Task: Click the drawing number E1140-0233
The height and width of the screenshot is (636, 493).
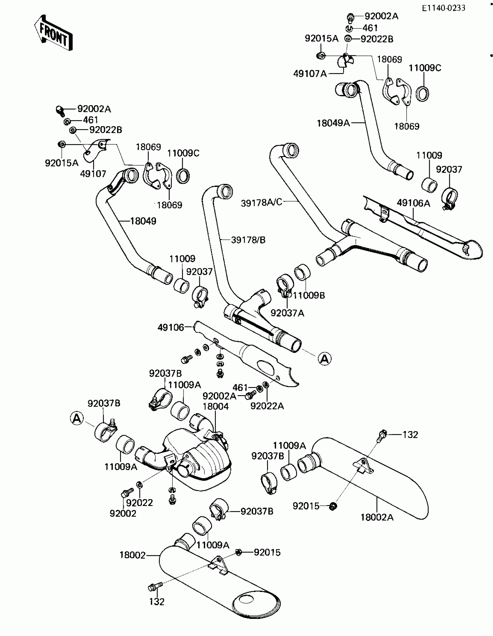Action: [443, 8]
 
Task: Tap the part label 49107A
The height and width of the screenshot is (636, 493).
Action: [310, 74]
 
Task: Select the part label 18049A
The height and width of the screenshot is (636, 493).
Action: [333, 123]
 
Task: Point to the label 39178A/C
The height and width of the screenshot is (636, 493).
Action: [262, 203]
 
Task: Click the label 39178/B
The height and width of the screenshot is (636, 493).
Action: [248, 240]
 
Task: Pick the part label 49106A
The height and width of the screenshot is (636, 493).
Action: [413, 203]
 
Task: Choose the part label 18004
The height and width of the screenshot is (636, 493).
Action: [216, 406]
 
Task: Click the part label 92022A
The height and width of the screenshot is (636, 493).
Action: [267, 406]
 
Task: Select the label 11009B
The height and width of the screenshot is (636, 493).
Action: [309, 295]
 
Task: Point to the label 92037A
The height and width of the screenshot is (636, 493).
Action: [287, 313]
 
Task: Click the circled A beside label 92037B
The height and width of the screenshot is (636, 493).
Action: [77, 419]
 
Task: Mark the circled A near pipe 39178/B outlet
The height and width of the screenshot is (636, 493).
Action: [325, 359]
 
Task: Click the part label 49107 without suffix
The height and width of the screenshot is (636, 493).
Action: [93, 174]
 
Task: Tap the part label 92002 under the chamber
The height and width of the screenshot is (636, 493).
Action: [123, 513]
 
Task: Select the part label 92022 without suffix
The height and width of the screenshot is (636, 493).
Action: [139, 503]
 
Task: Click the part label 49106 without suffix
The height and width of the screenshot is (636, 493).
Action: [171, 328]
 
